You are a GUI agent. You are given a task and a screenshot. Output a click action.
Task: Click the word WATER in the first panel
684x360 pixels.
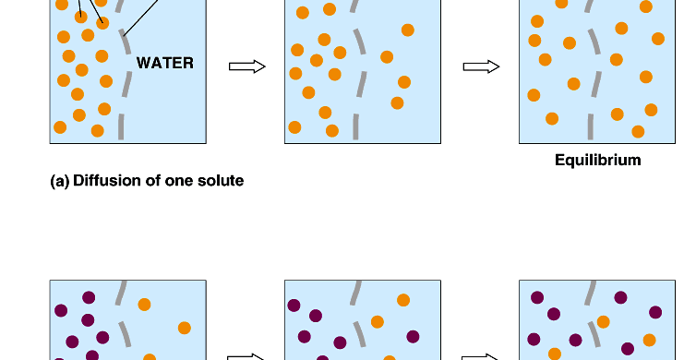pyautogui.click(x=165, y=64)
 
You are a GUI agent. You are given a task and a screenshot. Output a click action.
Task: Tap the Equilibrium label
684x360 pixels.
pyautogui.click(x=597, y=161)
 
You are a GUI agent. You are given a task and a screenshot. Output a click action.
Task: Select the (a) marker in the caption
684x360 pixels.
pyautogui.click(x=59, y=181)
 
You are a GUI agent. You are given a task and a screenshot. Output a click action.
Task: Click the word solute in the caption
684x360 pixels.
pyautogui.click(x=218, y=181)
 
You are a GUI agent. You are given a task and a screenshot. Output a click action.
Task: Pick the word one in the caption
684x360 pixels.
pyautogui.click(x=175, y=181)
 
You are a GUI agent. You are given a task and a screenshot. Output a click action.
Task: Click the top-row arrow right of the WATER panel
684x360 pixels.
pyautogui.click(x=246, y=66)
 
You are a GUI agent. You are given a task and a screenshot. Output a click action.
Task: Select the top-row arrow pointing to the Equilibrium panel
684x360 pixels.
pyautogui.click(x=481, y=66)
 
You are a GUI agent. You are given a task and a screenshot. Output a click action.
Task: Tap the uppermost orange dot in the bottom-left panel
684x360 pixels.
pyautogui.click(x=145, y=305)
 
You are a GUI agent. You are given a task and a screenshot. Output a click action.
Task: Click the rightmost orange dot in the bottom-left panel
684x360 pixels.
pyautogui.click(x=184, y=328)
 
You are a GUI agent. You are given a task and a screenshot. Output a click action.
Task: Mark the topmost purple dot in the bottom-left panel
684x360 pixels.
pyautogui.click(x=89, y=297)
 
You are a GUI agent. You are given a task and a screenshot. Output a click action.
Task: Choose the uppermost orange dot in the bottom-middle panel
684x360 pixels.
pyautogui.click(x=403, y=300)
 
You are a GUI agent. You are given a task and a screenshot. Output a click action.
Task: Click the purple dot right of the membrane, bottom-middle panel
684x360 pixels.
pyautogui.click(x=413, y=336)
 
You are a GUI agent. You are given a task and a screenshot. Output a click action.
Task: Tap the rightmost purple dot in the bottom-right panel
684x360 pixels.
pyautogui.click(x=655, y=312)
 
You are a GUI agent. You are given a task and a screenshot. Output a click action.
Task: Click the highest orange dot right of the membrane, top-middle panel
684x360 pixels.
pyautogui.click(x=407, y=30)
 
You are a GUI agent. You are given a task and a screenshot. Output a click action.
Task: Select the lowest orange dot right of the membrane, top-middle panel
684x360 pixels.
pyautogui.click(x=397, y=103)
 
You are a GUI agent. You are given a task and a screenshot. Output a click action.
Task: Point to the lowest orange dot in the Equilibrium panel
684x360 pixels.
pyautogui.click(x=638, y=131)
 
